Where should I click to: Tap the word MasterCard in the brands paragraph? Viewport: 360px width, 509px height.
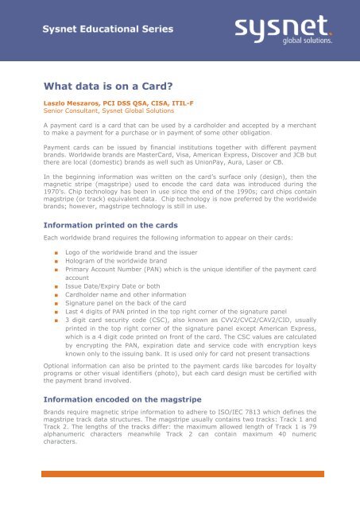(204, 157)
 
